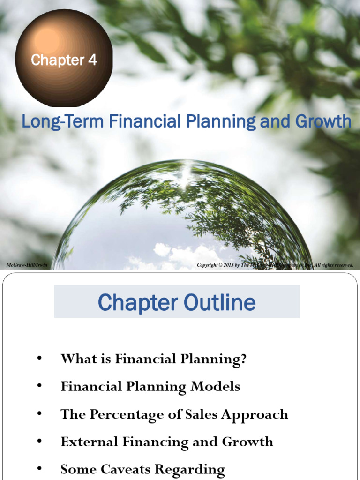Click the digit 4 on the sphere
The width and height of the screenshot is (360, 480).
[92, 60]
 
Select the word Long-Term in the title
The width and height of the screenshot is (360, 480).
[62, 122]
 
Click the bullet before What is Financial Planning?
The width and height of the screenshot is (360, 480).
[39, 359]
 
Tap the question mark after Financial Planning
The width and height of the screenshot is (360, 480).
[243, 359]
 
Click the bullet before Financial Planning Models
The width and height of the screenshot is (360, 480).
[39, 386]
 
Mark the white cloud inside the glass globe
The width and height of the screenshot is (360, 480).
[187, 255]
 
